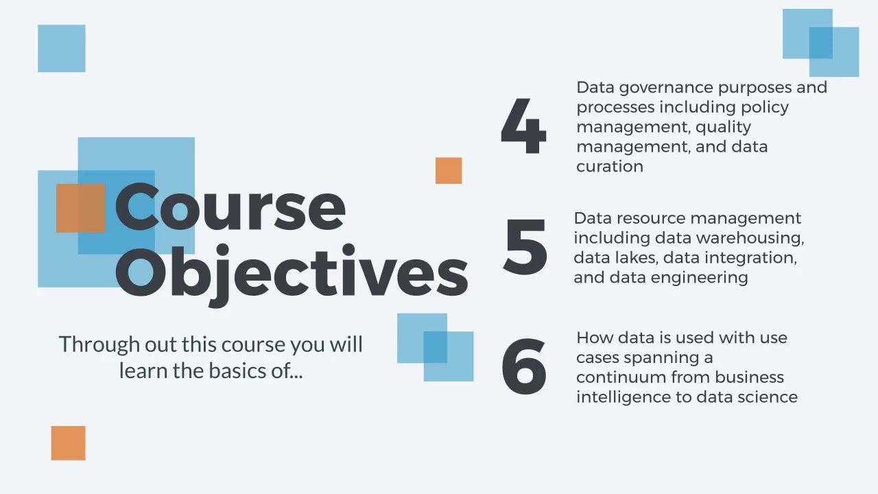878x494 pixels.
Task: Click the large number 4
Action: (523, 128)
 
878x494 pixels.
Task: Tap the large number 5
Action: (525, 247)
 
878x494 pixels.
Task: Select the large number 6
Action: (524, 366)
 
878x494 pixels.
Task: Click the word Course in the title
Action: (230, 207)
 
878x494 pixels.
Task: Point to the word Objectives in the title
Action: (292, 273)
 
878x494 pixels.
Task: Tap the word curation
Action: (609, 166)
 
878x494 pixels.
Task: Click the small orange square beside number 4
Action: (449, 171)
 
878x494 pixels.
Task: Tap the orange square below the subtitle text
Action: (68, 443)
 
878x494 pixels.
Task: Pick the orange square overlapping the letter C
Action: (80, 208)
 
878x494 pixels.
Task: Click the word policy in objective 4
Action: (765, 107)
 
